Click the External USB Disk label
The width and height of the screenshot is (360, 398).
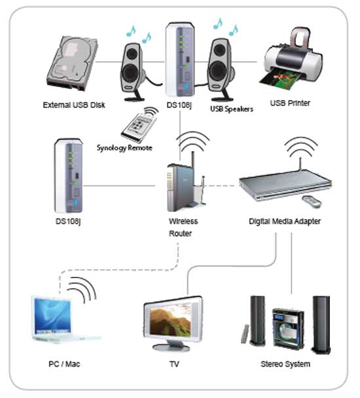coord(74,105)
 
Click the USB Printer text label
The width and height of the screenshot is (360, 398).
coord(290,103)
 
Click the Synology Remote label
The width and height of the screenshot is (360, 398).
coord(124,148)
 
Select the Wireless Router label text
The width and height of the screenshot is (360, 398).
coord(183,227)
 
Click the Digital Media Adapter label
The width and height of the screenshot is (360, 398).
coord(285,221)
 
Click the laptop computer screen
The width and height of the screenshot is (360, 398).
coord(52,316)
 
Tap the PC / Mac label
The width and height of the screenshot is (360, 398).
coord(64,364)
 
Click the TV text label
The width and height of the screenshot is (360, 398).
coord(174,364)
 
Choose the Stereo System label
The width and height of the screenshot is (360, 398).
coord(285,364)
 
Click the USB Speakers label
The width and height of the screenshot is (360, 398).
coord(232,109)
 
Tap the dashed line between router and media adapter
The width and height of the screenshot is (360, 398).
coord(221,186)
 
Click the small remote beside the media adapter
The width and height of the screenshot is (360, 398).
coord(312,201)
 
